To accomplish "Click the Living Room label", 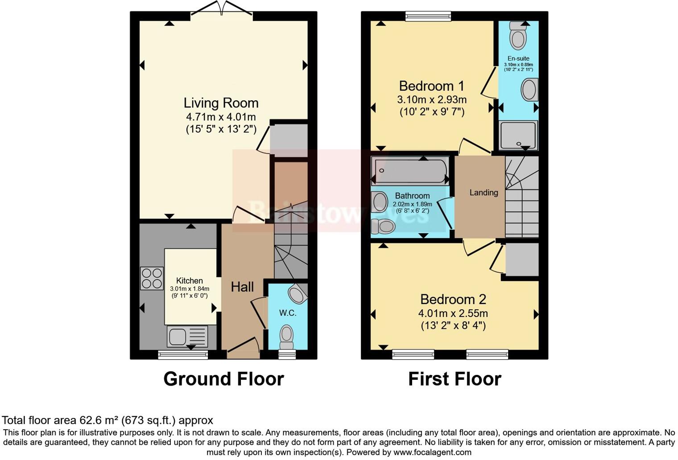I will click(221, 103).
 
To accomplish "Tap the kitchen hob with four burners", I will click(152, 278).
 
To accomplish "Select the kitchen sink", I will click(178, 336).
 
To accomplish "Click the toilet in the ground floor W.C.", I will click(286, 337).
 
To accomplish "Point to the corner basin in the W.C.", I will click(297, 294).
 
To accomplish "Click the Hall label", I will click(242, 287).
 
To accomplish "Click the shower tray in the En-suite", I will click(518, 135).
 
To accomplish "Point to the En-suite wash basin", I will click(529, 90).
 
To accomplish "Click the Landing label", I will click(484, 193).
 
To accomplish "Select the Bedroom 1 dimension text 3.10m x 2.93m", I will click(432, 99).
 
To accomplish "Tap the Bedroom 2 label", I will click(453, 299).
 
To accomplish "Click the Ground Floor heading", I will click(223, 379).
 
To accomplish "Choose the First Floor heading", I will click(455, 379).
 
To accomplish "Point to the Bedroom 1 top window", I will click(428, 16).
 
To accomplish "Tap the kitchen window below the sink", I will click(183, 355).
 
